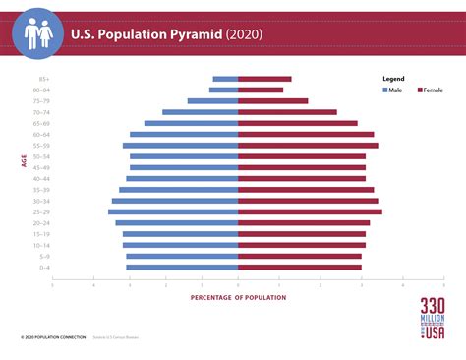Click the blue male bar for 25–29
point(173,211)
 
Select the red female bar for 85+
point(264,79)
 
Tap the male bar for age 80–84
point(223,90)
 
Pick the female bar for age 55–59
point(308,145)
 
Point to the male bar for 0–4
point(182,267)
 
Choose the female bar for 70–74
point(287,112)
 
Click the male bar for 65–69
point(191,123)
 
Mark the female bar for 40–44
point(302,178)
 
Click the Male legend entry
point(392,90)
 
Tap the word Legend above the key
point(393,77)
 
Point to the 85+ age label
point(44,79)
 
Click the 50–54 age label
point(42,156)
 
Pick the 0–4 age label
point(44,267)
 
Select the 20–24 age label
point(42,222)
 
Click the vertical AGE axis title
point(23,159)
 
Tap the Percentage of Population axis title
point(238,297)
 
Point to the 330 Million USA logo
point(433,320)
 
